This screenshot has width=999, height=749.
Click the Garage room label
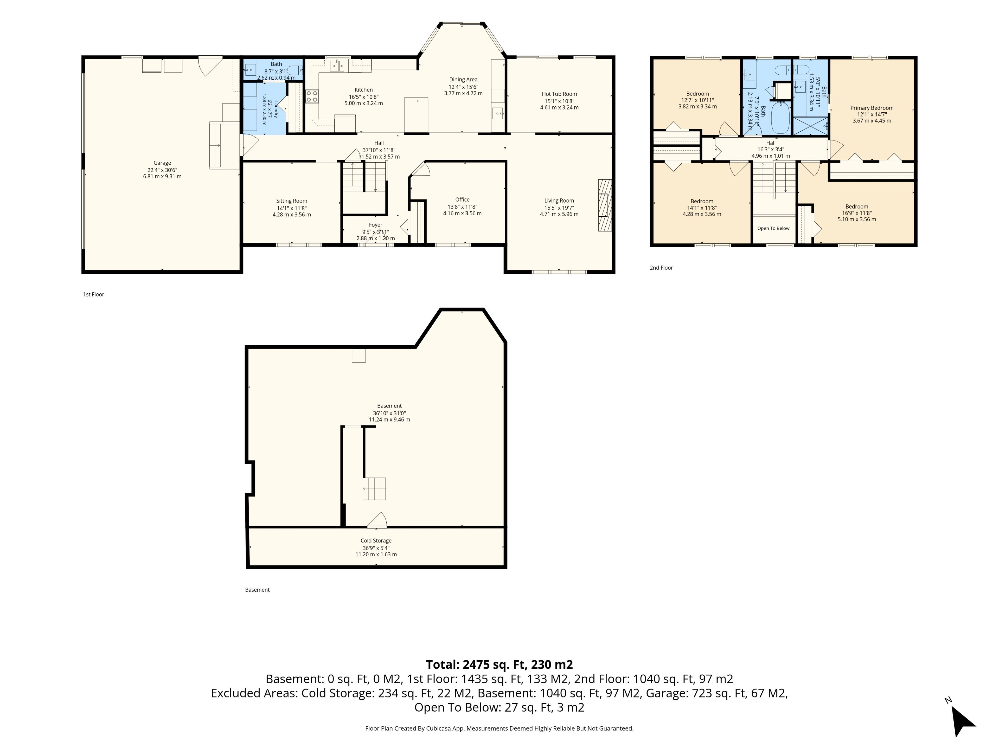(162, 163)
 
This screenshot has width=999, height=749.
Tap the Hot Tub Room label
(559, 94)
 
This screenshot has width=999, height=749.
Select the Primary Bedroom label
(872, 108)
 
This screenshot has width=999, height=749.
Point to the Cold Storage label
(376, 540)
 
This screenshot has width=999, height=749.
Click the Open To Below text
(773, 228)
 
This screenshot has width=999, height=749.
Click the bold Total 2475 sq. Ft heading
(499, 664)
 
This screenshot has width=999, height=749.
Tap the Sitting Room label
(291, 201)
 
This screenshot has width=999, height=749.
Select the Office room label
(462, 199)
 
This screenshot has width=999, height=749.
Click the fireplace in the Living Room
(605, 205)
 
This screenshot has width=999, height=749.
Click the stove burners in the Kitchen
(312, 96)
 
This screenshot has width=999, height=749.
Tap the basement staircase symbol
(374, 488)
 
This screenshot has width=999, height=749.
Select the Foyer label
(375, 225)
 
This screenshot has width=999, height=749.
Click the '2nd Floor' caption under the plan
(661, 268)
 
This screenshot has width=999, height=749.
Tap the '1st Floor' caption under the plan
(93, 294)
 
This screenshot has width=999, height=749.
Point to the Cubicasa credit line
(499, 728)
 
